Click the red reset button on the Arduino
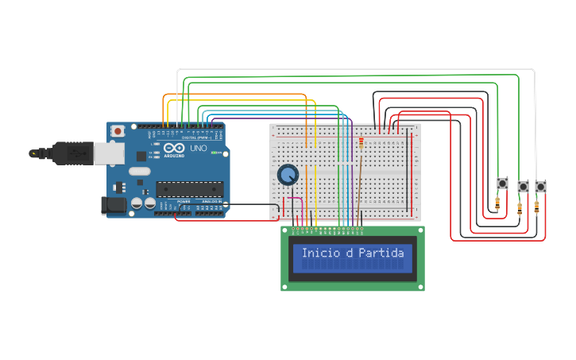click(x=118, y=130)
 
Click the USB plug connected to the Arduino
click(x=75, y=153)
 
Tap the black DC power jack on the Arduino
click(x=114, y=205)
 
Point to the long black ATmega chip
click(x=187, y=188)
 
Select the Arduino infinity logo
click(x=174, y=148)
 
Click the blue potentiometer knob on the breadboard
click(x=288, y=174)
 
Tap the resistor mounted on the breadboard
click(x=362, y=143)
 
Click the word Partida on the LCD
click(x=381, y=254)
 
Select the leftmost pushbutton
click(x=502, y=184)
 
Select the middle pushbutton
click(x=523, y=187)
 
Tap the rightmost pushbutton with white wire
click(x=540, y=187)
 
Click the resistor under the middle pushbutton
click(x=520, y=209)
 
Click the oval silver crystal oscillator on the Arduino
click(x=139, y=171)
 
